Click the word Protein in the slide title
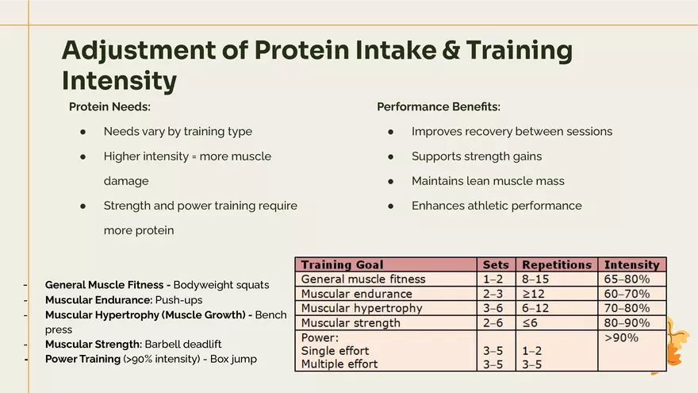(301, 50)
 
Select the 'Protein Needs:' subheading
(109, 106)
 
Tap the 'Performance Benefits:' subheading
(438, 106)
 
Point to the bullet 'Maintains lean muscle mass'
(488, 181)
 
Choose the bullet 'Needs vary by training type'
(178, 132)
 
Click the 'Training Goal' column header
(342, 264)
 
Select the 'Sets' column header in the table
(496, 264)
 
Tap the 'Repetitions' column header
(556, 264)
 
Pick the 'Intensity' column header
(631, 264)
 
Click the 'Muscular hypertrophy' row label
(362, 308)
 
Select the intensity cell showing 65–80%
(627, 279)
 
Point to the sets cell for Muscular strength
(493, 323)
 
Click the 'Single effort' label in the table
(335, 351)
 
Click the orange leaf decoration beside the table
(678, 341)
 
